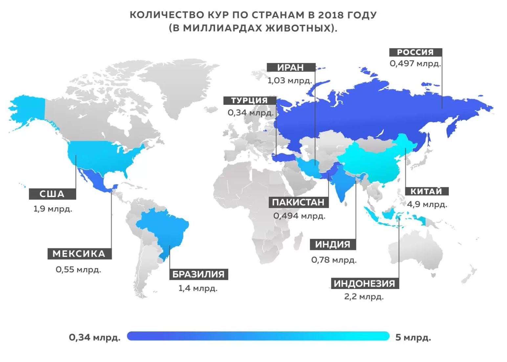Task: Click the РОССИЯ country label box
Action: pos(415,52)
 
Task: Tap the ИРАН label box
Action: pos(291,67)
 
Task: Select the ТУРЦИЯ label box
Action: pos(249,101)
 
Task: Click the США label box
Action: pos(52,194)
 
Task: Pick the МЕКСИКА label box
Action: pos(79,254)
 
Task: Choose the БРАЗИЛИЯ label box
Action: pos(198,274)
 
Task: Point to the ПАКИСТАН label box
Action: pos(298,202)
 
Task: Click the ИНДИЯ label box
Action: pos(333,244)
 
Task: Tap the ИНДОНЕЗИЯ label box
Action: pos(364,283)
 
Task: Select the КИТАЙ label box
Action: pos(426,191)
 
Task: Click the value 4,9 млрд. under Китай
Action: pos(427,204)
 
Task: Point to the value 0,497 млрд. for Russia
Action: pos(415,63)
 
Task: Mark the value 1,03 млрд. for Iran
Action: pos(289,80)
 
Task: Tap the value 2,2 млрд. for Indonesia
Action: pos(364,297)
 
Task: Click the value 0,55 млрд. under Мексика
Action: pos(78,270)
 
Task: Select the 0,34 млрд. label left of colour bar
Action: pos(95,337)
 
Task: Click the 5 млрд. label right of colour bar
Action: pos(413,337)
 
